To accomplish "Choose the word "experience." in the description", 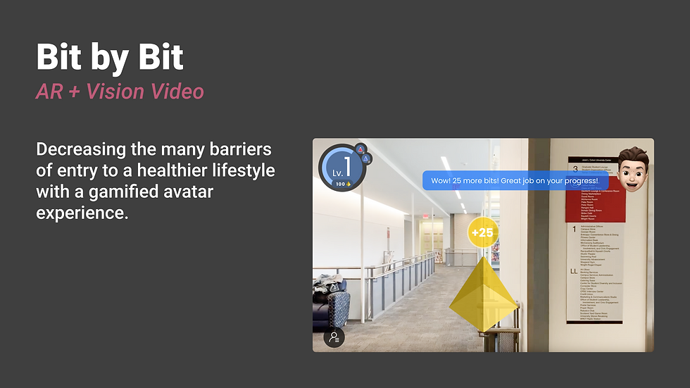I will [x=82, y=213].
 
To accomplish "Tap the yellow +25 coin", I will [x=482, y=232].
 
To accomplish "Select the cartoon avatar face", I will [x=634, y=169].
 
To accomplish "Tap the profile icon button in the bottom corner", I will [x=334, y=337].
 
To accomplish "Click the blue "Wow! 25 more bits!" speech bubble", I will [x=515, y=180].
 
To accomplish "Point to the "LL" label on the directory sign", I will [x=575, y=270].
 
